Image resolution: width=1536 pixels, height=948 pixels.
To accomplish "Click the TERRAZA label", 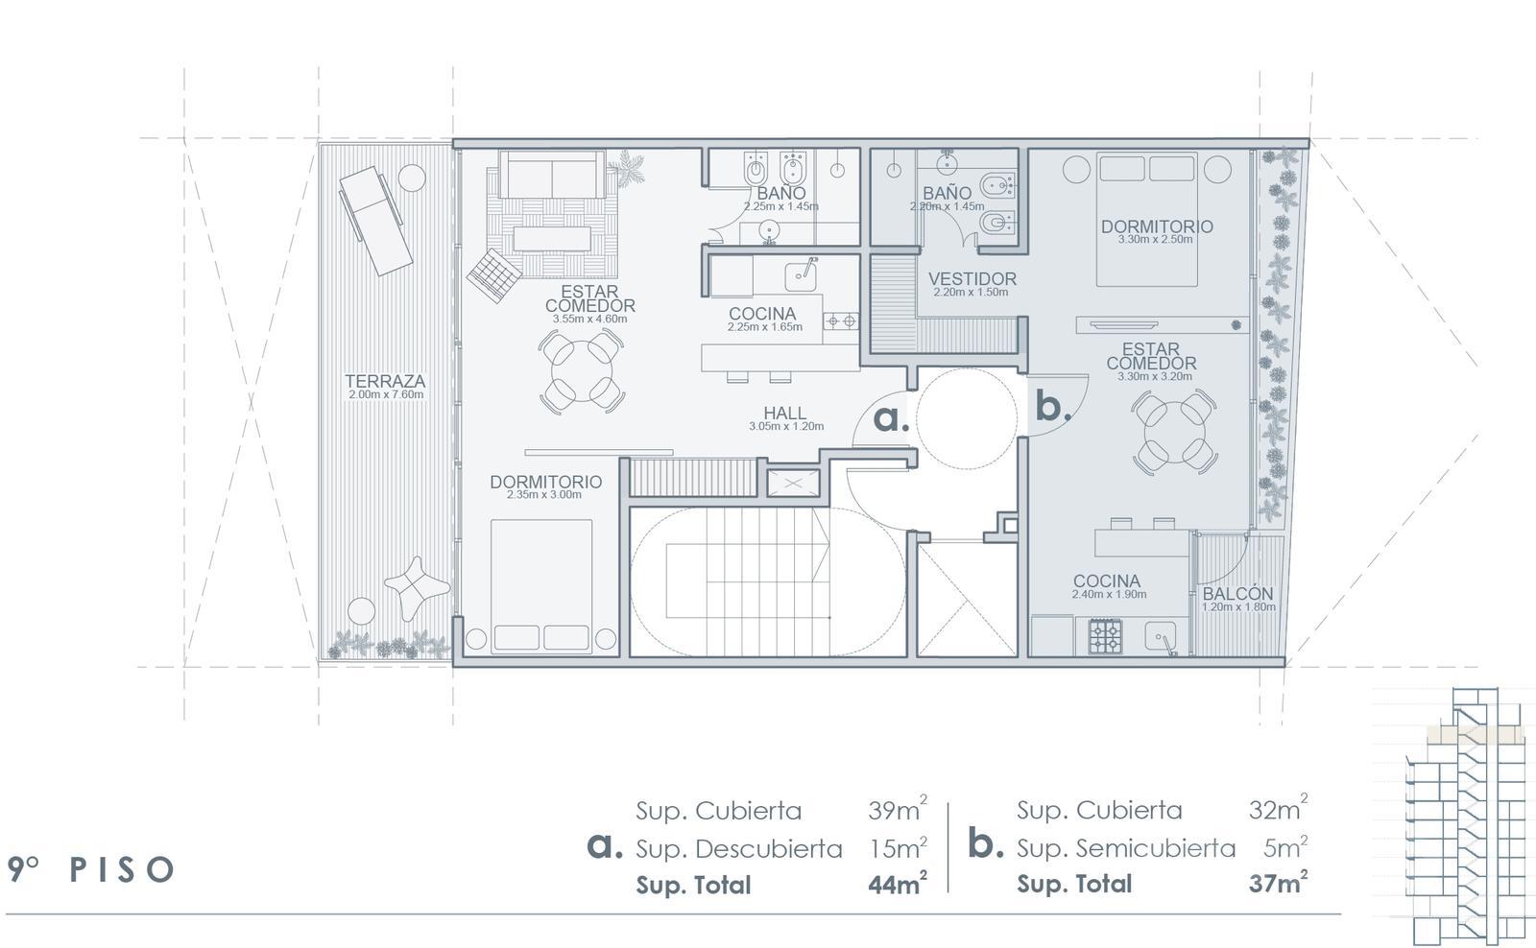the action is (385, 381).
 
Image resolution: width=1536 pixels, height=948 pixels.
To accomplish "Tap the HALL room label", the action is (784, 413).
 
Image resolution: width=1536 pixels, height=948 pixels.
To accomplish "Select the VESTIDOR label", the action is (972, 279).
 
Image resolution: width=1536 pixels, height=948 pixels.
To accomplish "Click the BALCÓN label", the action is (1237, 594).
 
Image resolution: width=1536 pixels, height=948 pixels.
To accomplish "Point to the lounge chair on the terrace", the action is (375, 221).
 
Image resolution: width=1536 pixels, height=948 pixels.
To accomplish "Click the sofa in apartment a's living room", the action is (552, 175).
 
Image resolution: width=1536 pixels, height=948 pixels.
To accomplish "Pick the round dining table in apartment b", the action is (1174, 432).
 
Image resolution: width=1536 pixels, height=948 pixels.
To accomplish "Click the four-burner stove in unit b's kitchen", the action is (1105, 636).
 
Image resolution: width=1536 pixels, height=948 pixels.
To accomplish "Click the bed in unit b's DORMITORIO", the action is (1146, 220).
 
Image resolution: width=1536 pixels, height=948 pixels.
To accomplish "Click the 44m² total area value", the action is (898, 884).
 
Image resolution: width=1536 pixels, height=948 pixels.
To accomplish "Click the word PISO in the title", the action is (122, 869).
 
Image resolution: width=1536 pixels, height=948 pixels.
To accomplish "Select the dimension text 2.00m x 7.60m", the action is (385, 394).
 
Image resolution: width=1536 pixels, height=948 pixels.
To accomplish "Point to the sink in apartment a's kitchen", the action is (801, 275).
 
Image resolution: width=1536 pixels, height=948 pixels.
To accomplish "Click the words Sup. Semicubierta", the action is (1126, 848).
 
